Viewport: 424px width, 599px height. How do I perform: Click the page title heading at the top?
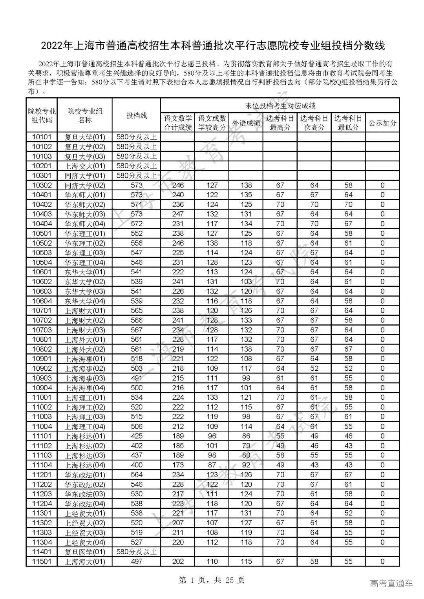pyautogui.click(x=212, y=46)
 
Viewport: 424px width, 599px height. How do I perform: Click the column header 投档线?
pyautogui.click(x=136, y=115)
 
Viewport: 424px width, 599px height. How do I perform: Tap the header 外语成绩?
pyautogui.click(x=246, y=123)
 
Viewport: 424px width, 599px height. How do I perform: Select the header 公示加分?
pyautogui.click(x=382, y=123)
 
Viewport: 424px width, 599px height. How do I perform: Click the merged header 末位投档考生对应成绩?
pyautogui.click(x=280, y=106)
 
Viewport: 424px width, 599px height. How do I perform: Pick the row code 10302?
pyautogui.click(x=42, y=185)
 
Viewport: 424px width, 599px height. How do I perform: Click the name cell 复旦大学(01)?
pyautogui.click(x=85, y=137)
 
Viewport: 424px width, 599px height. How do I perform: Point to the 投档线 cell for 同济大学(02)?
pyautogui.click(x=136, y=185)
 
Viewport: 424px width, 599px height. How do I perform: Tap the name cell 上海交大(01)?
pyautogui.click(x=85, y=166)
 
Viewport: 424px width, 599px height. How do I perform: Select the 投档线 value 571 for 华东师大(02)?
pyautogui.click(x=136, y=204)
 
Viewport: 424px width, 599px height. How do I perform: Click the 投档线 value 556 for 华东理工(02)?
pyautogui.click(x=136, y=243)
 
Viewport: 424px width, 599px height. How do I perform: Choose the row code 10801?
pyautogui.click(x=42, y=340)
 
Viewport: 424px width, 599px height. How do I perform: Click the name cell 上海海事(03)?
pyautogui.click(x=85, y=378)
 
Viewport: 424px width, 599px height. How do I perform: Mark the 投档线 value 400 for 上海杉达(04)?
pyautogui.click(x=136, y=465)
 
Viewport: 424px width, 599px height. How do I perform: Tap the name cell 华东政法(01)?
pyautogui.click(x=85, y=475)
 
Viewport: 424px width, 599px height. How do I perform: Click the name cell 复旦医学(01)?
pyautogui.click(x=85, y=552)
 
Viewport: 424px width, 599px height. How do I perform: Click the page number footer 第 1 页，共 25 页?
pyautogui.click(x=212, y=580)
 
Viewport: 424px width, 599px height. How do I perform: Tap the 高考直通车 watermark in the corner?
pyautogui.click(x=391, y=584)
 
